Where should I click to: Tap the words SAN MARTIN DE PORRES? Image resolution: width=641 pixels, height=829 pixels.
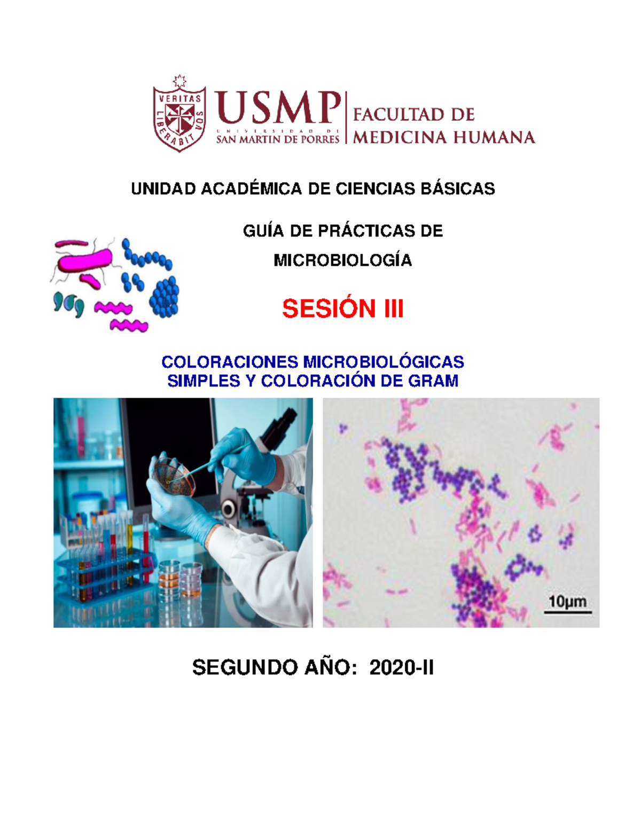tap(277, 139)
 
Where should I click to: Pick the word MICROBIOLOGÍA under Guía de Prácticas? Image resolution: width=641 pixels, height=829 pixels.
tap(342, 260)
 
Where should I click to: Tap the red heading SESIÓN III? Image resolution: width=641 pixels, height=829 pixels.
tap(342, 309)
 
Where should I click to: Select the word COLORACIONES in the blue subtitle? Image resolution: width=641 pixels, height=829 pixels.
tap(231, 362)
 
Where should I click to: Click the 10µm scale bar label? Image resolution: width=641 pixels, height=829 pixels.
tap(567, 602)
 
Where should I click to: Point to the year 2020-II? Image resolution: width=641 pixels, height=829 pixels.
tap(401, 668)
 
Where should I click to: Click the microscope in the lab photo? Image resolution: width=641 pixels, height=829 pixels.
tap(256, 480)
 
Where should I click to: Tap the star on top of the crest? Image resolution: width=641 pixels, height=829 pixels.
tap(179, 81)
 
